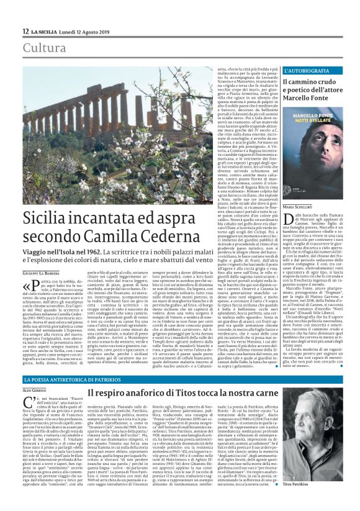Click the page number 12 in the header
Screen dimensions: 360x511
click(x=25, y=31)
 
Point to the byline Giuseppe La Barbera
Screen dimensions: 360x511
click(x=47, y=272)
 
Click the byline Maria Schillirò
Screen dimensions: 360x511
click(x=281, y=206)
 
